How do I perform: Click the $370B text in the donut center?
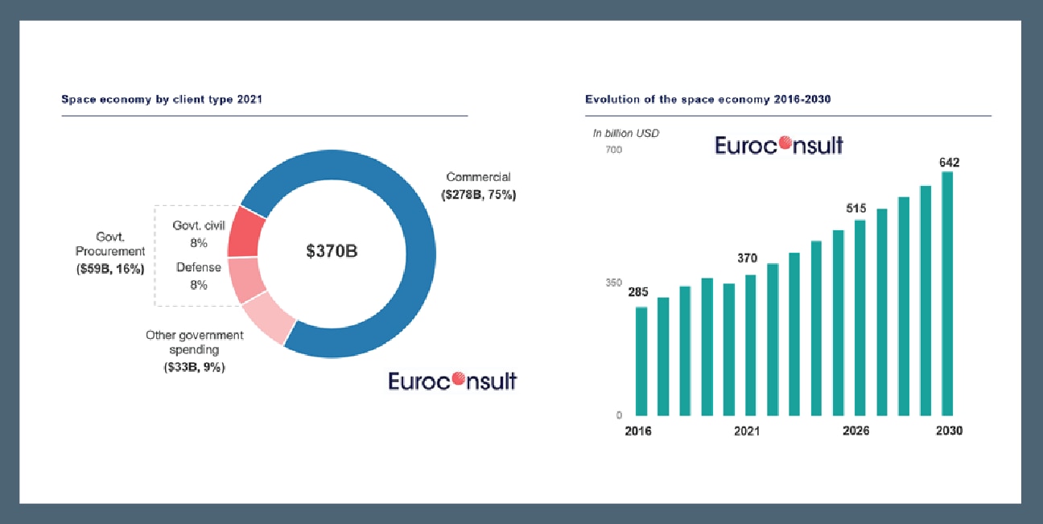[332, 251]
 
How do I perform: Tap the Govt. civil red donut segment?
[242, 232]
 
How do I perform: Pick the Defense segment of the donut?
[243, 279]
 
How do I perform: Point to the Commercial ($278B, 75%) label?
[478, 186]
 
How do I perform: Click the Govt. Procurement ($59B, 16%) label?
[110, 251]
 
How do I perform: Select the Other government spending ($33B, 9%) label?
[194, 350]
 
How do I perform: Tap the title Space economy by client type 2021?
[162, 100]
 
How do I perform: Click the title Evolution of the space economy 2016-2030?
[707, 100]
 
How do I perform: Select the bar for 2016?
[641, 361]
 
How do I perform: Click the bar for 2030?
[947, 294]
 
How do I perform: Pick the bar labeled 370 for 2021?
[751, 345]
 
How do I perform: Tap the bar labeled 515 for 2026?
[860, 318]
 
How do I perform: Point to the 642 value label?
[949, 163]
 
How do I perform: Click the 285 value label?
[638, 292]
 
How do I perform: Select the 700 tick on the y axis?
[613, 151]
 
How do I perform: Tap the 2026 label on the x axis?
[855, 431]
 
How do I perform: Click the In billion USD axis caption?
[625, 133]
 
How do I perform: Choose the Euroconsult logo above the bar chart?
[779, 145]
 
